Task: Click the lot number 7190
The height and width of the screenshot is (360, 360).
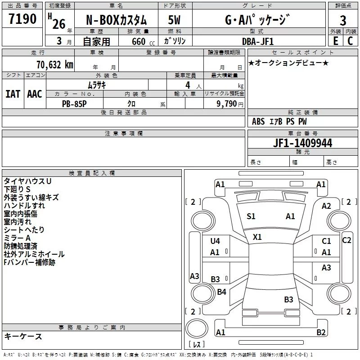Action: click(x=22, y=19)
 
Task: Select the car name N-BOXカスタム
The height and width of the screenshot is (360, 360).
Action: click(x=116, y=20)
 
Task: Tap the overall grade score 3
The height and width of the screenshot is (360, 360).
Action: click(x=343, y=21)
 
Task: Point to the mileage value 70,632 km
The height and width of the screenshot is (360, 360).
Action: click(x=55, y=65)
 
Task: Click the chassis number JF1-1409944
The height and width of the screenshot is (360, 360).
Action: click(x=302, y=143)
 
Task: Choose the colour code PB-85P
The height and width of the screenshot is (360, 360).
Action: click(x=74, y=104)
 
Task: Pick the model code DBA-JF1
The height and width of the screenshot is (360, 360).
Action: click(x=258, y=41)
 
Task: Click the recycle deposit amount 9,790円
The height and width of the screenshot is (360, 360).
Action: click(x=230, y=104)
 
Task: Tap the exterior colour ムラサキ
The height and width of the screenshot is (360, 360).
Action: click(x=97, y=85)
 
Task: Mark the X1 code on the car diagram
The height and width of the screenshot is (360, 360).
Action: click(x=257, y=237)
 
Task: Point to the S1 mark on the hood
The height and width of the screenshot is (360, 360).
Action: click(x=251, y=216)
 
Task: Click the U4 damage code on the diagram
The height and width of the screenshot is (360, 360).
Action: click(x=215, y=241)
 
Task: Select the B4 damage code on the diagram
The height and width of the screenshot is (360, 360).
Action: click(x=221, y=292)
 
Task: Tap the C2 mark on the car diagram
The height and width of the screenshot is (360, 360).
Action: click(x=346, y=240)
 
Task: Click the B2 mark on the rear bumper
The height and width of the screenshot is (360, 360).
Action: click(x=321, y=332)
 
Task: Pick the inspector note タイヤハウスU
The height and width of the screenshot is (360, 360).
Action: click(x=27, y=181)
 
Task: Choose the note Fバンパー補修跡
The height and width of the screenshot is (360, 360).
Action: click(x=29, y=262)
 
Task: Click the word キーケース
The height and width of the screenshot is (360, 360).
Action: click(x=23, y=336)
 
